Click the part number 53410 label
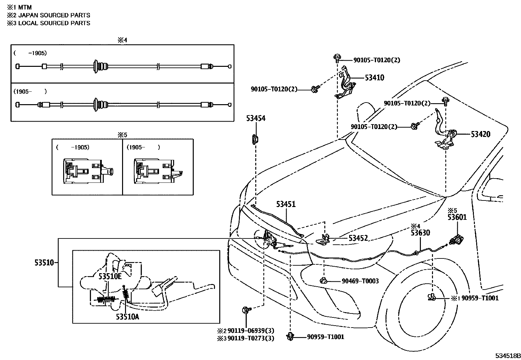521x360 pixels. pos(374,78)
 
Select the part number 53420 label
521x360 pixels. pos(480,134)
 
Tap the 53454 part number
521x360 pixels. pos(256,118)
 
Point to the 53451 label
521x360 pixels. pos(286,204)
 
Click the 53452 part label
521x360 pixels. pos(358,238)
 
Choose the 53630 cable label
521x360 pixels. pos(420,233)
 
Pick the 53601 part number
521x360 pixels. pos(457,217)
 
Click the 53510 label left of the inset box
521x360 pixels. pos(44,263)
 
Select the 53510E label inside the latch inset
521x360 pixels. pos(110,276)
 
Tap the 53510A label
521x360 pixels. pos(127,317)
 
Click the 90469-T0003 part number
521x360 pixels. pos(360,281)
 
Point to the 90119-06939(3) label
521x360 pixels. pos(251,331)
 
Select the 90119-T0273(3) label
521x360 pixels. pos(251,338)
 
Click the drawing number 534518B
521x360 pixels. pos(508,356)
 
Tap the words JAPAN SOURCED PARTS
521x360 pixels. pos(54,15)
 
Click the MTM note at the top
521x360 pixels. pos(25,8)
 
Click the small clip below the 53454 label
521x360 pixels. pos(255,140)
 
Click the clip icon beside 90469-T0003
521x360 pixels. pos(324,281)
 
